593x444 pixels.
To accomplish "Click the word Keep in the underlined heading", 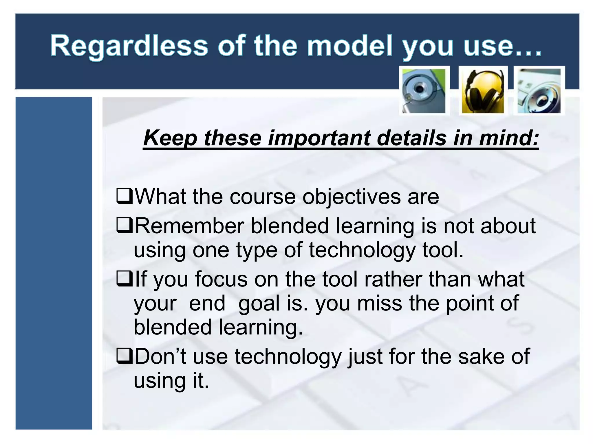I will pyautogui.click(x=170, y=138).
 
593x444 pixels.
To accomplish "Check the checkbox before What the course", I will pyautogui.click(x=125, y=196).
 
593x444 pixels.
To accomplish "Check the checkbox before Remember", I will pyautogui.click(x=125, y=226).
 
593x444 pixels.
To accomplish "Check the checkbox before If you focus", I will pyautogui.click(x=125, y=279).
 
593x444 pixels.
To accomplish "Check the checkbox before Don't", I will pyautogui.click(x=125, y=356).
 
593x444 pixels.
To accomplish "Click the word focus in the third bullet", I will pyautogui.click(x=221, y=280).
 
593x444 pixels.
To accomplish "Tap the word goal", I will pyautogui.click(x=259, y=304).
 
